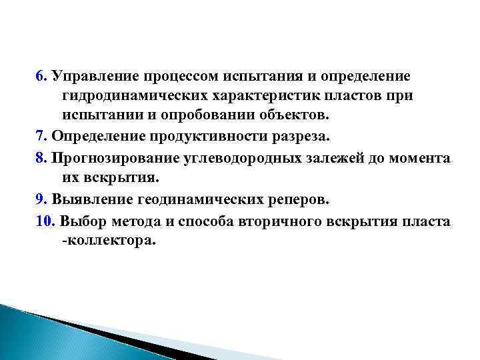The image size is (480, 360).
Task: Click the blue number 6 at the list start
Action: click(x=39, y=75)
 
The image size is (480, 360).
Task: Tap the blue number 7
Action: click(x=39, y=137)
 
